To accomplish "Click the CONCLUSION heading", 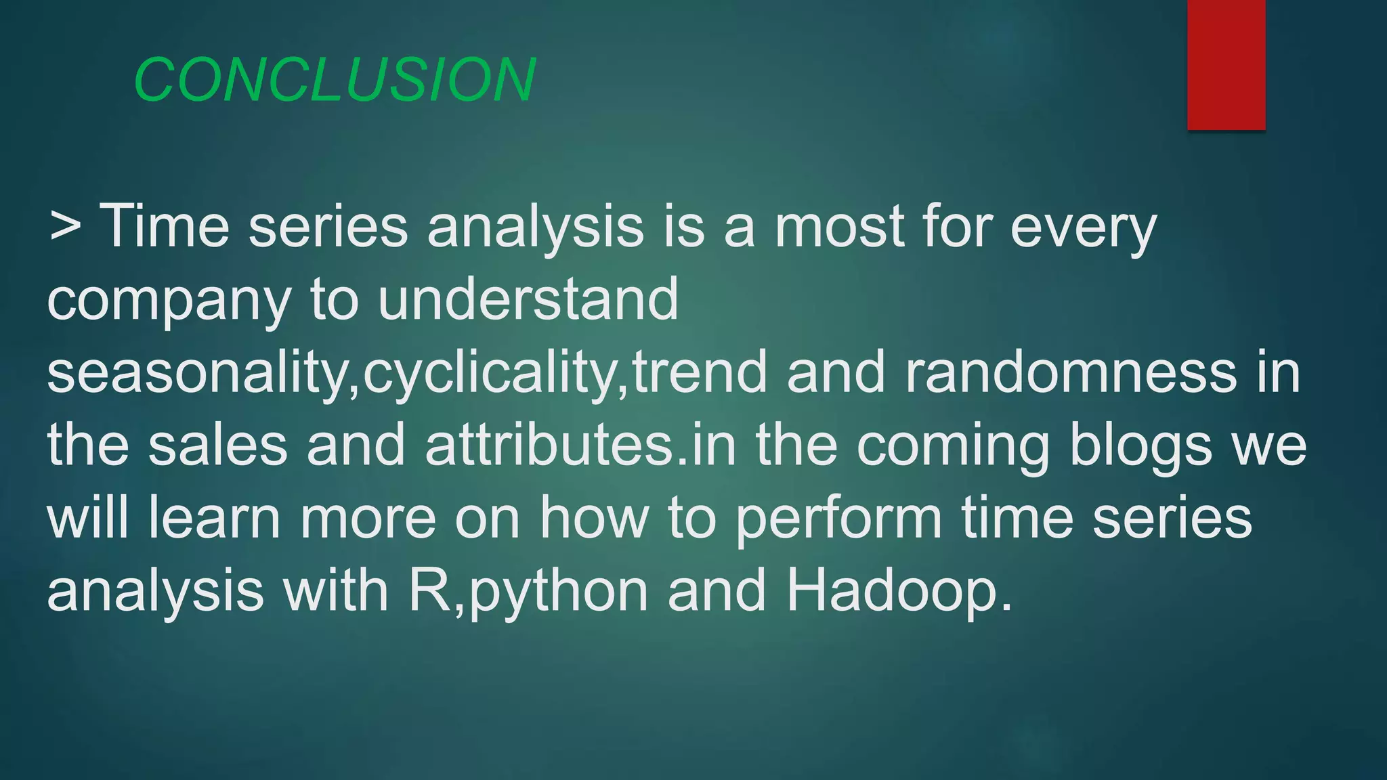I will pyautogui.click(x=335, y=80).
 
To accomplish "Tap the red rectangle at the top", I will pyautogui.click(x=1226, y=64).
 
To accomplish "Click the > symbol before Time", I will pyautogui.click(x=65, y=227).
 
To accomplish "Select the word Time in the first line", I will pyautogui.click(x=165, y=227).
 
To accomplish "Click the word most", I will pyautogui.click(x=838, y=227).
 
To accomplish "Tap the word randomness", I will pyautogui.click(x=1071, y=372).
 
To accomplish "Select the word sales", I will pyautogui.click(x=217, y=445).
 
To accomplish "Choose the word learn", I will pyautogui.click(x=214, y=518).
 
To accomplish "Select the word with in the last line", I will pyautogui.click(x=335, y=591).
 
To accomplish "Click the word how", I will pyautogui.click(x=594, y=518).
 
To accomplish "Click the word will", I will pyautogui.click(x=87, y=518).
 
